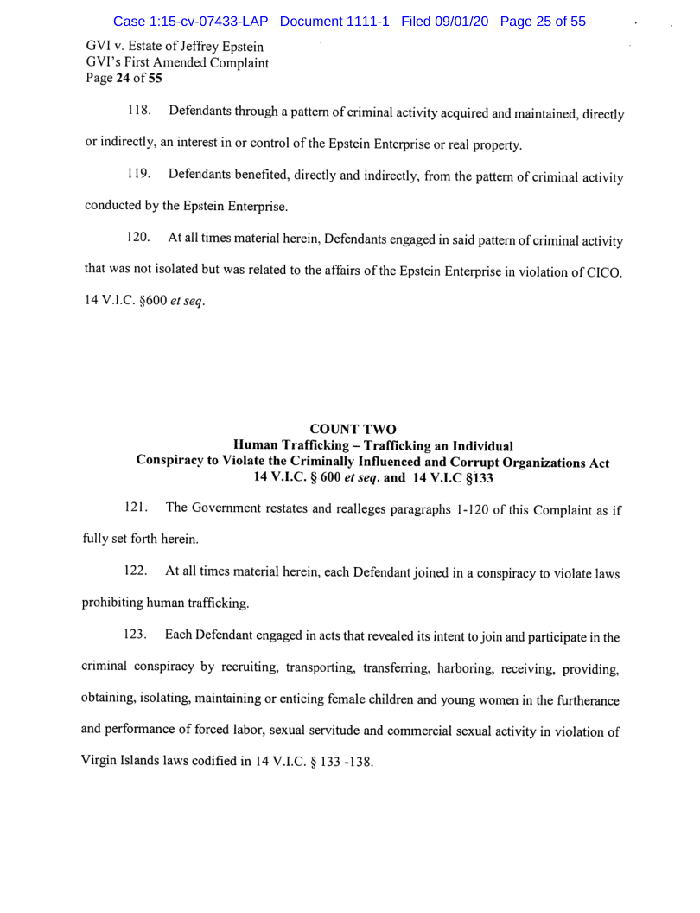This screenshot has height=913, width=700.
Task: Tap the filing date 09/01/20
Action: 461,21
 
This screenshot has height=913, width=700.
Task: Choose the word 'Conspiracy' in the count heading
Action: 173,463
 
